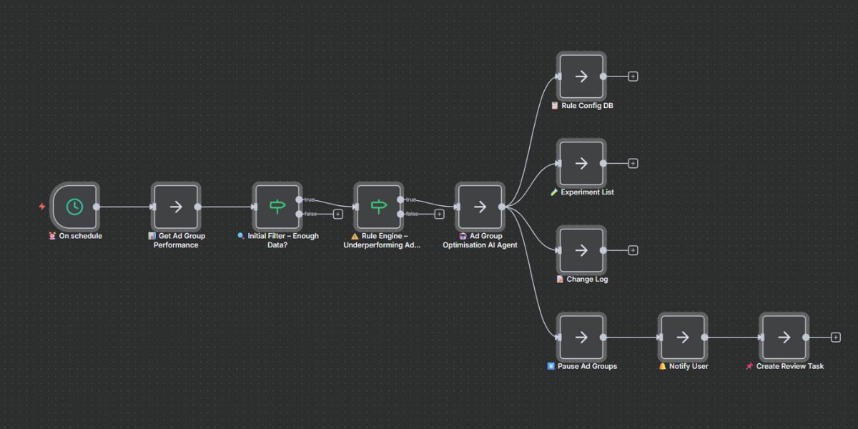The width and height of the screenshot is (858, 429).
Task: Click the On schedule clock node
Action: [x=74, y=207]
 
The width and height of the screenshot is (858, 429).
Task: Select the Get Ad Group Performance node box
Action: [x=176, y=207]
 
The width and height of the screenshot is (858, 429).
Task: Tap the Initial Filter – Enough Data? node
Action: [x=277, y=207]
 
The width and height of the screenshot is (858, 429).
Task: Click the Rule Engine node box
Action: [x=378, y=207]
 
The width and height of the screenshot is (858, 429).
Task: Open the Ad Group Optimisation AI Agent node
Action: [x=480, y=207]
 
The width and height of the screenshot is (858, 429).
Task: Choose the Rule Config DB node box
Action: [x=581, y=77]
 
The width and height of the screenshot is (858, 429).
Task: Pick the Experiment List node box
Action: [x=581, y=163]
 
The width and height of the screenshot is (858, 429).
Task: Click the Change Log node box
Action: [x=581, y=250]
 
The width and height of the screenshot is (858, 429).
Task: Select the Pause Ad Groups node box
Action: [x=581, y=337]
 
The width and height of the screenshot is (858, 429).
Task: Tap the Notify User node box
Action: [x=683, y=337]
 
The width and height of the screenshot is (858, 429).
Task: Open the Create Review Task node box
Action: [x=784, y=337]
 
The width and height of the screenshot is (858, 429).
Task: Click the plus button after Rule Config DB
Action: [x=633, y=77]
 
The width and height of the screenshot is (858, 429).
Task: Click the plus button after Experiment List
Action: [x=633, y=163]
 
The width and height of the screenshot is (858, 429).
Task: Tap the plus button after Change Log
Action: [x=633, y=250]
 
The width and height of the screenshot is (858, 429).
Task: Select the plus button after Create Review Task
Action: [x=836, y=337]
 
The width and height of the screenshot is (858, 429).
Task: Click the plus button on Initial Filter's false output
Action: [x=338, y=214]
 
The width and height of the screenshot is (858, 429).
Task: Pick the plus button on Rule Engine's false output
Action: [x=439, y=214]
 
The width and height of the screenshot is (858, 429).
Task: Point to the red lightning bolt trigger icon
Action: [x=42, y=207]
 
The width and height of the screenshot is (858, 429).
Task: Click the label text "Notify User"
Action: [x=689, y=366]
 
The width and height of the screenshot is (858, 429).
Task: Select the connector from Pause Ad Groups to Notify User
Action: [x=631, y=337]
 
